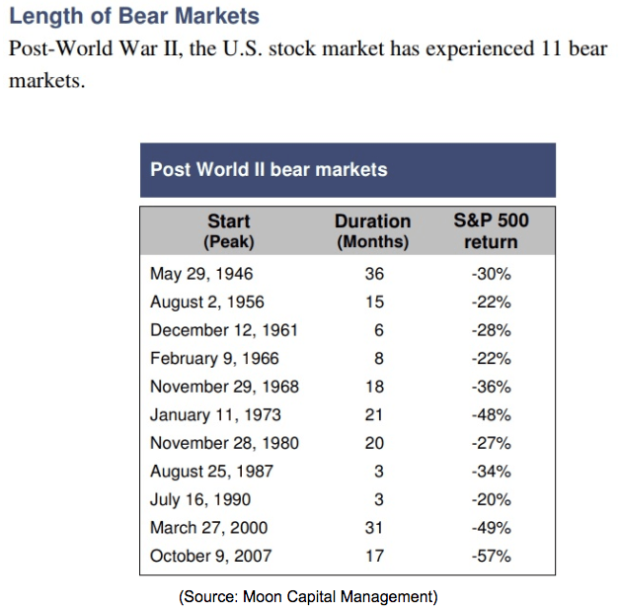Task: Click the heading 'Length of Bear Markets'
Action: click(134, 17)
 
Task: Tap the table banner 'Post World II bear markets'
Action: click(269, 170)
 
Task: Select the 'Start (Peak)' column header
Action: click(229, 231)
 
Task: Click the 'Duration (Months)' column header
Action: click(373, 231)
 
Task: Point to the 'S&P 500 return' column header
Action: click(491, 231)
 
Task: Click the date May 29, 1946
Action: click(201, 274)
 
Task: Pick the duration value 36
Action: click(374, 274)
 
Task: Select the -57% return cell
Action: click(491, 556)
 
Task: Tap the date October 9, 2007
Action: click(211, 556)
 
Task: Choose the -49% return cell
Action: click(491, 528)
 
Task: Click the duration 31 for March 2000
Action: click(374, 528)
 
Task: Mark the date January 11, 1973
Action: click(215, 415)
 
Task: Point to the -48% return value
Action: click(491, 415)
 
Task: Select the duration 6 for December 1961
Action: click(378, 330)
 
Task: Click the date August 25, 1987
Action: click(211, 472)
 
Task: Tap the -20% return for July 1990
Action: click(491, 499)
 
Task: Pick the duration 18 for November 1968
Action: click(374, 387)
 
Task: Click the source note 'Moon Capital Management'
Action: click(339, 596)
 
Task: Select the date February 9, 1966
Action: click(214, 359)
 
